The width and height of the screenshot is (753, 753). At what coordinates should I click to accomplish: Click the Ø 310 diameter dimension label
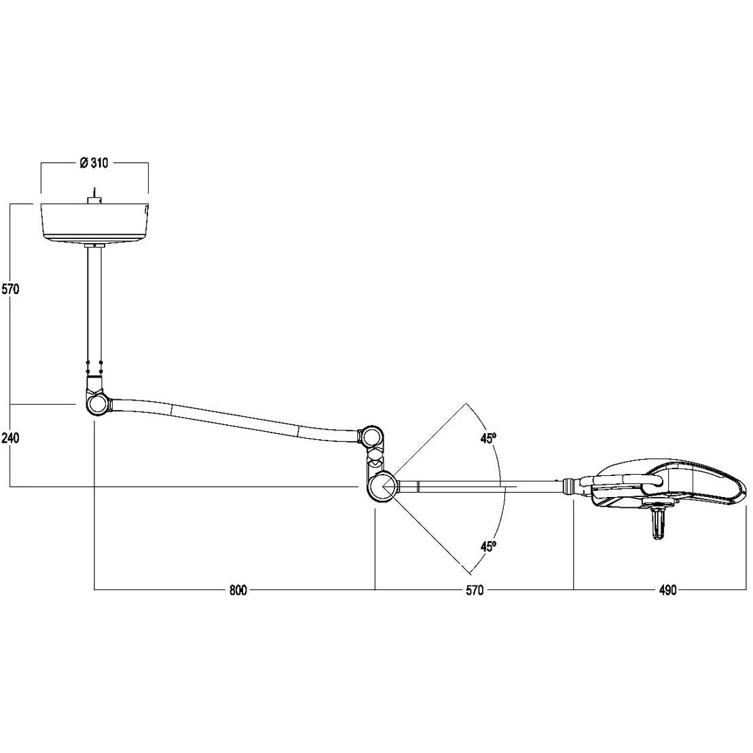pyautogui.click(x=94, y=163)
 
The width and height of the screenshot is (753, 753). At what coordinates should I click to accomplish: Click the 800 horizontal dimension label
pyautogui.click(x=238, y=590)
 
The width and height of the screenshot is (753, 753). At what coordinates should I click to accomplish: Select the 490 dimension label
pyautogui.click(x=667, y=590)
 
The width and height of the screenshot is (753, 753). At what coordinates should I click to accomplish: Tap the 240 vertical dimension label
pyautogui.click(x=11, y=437)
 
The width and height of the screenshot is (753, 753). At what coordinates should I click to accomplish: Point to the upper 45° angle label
pyautogui.click(x=488, y=438)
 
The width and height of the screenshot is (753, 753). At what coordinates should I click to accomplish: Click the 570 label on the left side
pyautogui.click(x=11, y=289)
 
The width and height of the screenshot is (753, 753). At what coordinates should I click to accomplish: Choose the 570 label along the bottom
pyautogui.click(x=475, y=590)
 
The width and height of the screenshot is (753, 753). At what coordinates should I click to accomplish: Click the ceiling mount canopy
pyautogui.click(x=94, y=222)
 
